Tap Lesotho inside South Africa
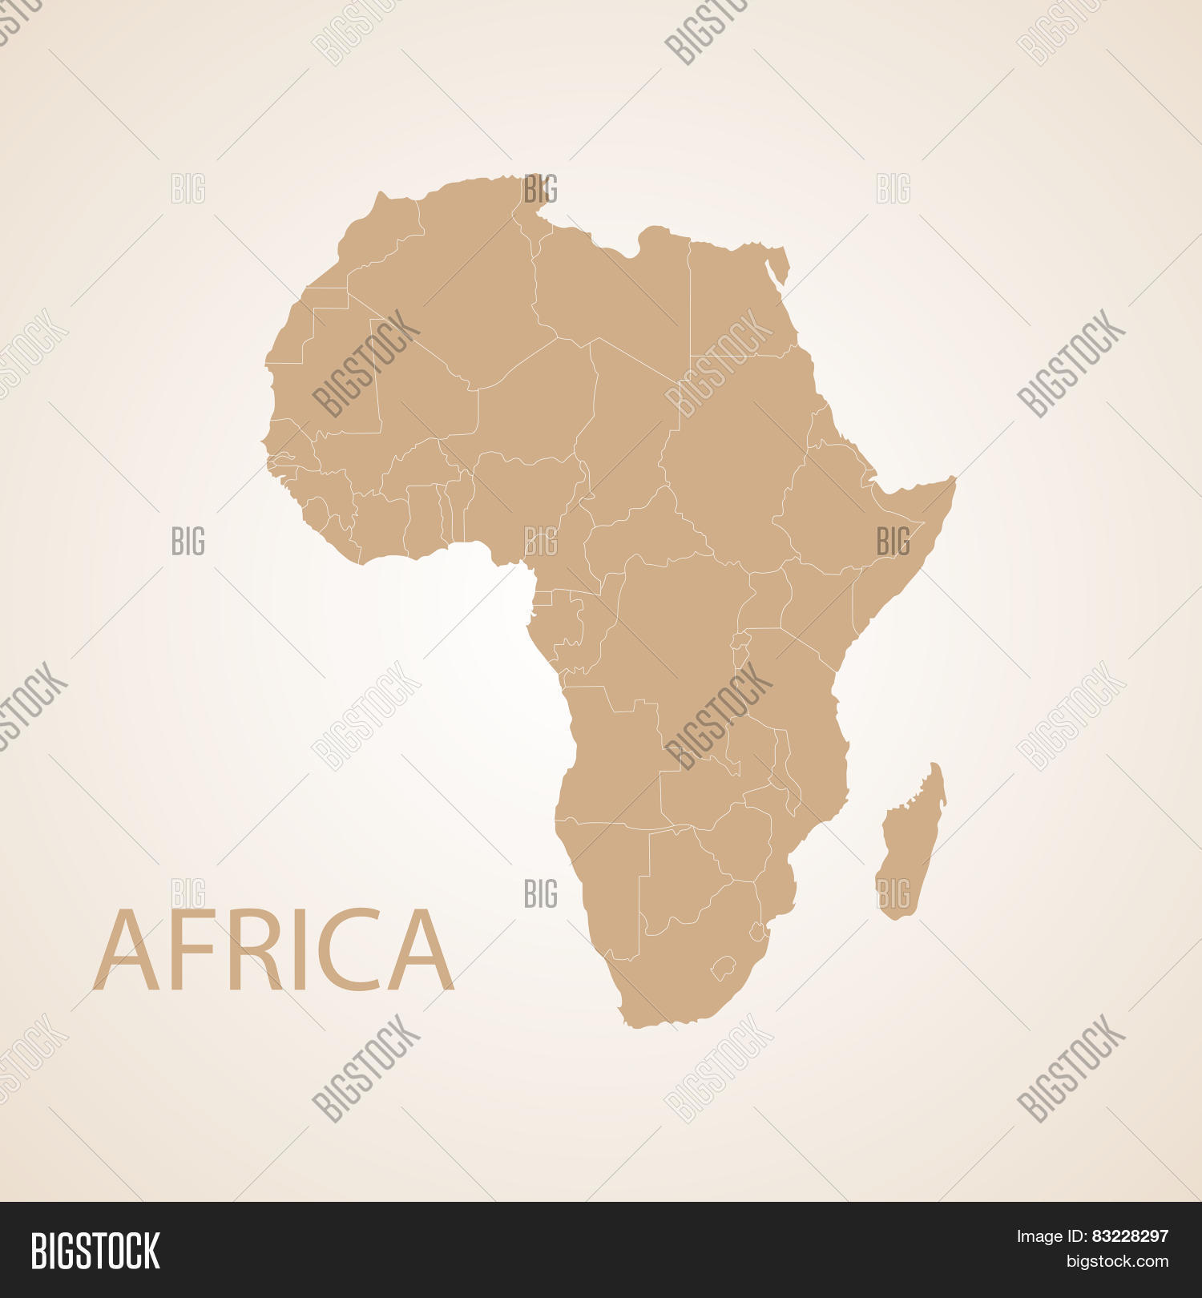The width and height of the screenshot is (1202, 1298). (724, 966)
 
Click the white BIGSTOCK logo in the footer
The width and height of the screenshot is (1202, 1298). (95, 1251)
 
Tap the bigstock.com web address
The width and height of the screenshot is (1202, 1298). (1117, 1262)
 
